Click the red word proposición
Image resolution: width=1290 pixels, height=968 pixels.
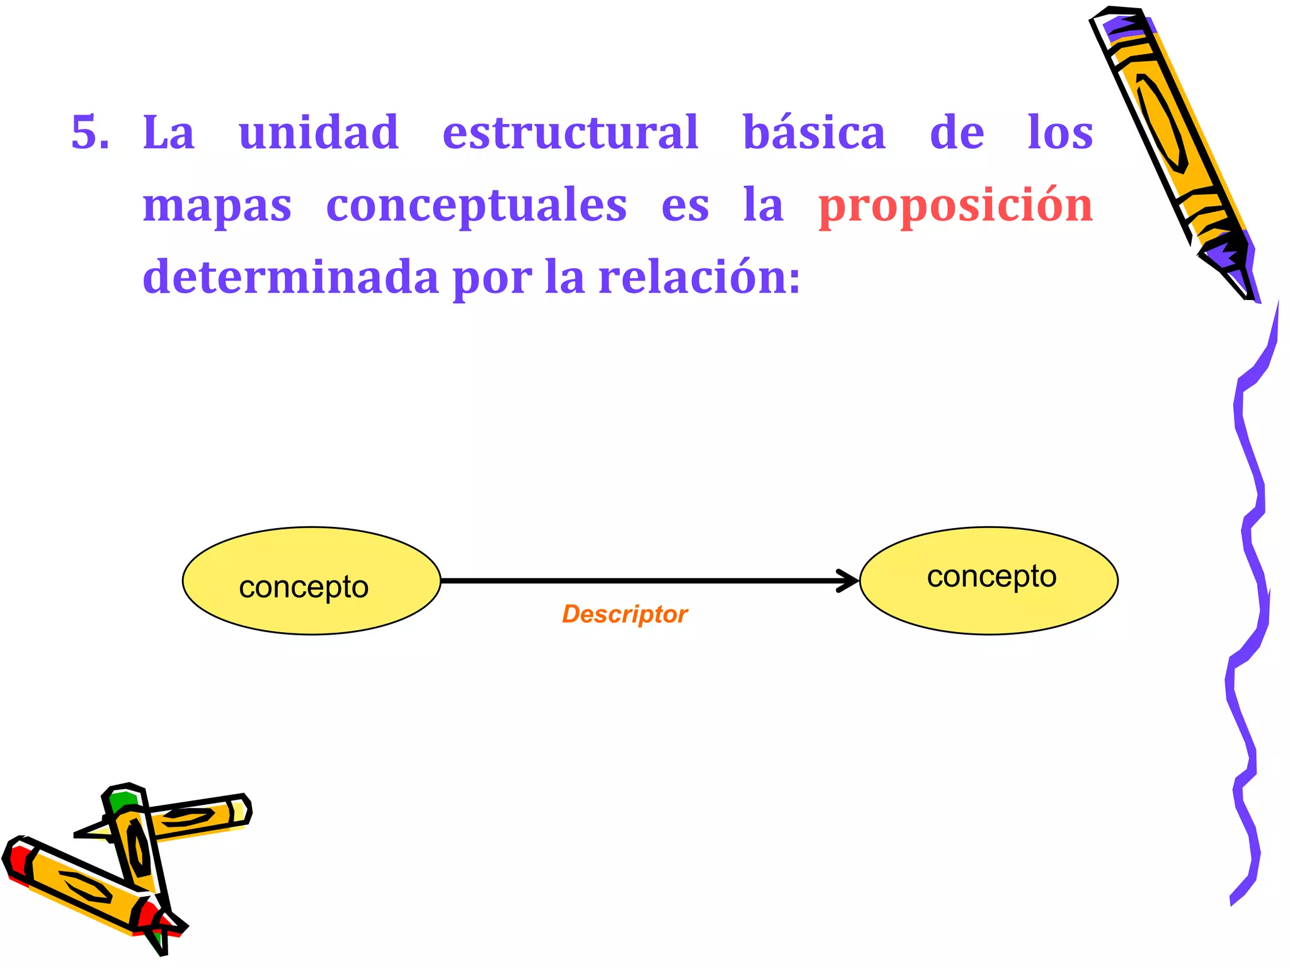click(955, 206)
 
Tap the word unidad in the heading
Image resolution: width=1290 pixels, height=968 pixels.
click(319, 132)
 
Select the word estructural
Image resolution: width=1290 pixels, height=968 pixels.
click(570, 132)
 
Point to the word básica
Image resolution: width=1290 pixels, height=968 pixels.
click(814, 132)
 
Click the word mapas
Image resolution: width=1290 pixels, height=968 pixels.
click(217, 206)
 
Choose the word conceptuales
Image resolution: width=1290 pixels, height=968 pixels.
click(476, 206)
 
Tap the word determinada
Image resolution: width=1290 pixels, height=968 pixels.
click(290, 277)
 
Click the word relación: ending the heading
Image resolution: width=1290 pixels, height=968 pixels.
click(699, 277)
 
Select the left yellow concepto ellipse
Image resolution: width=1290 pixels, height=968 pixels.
click(311, 581)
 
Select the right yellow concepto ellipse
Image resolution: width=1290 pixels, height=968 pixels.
click(988, 580)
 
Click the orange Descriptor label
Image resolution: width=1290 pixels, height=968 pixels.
click(624, 614)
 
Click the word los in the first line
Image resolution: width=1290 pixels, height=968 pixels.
click(1060, 132)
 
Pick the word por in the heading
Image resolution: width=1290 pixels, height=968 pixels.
click(491, 277)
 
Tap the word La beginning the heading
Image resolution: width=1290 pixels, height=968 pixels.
click(168, 132)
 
